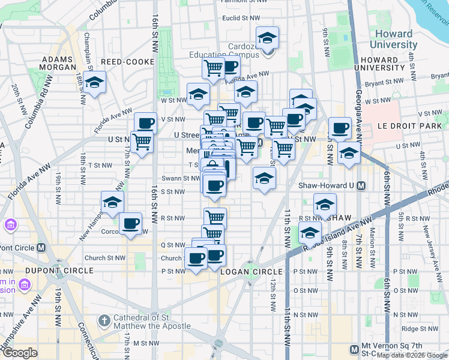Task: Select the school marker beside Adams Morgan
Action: (94, 83)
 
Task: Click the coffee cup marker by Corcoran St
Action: (130, 224)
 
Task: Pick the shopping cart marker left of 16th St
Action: (142, 142)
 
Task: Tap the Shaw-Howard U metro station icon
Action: (361, 186)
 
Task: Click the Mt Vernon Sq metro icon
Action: (355, 349)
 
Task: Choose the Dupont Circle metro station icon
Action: (41, 247)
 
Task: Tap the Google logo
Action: (20, 353)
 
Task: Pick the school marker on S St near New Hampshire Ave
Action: (112, 203)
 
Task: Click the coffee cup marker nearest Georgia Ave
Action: (340, 128)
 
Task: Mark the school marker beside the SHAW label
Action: (325, 206)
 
